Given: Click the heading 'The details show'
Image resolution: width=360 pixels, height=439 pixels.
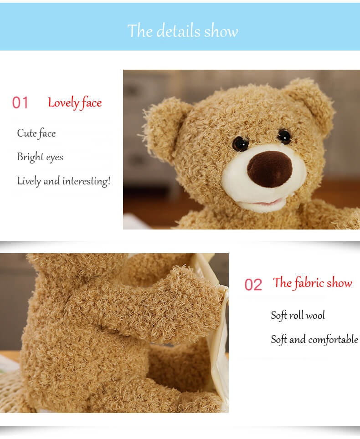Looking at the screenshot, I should click(182, 31).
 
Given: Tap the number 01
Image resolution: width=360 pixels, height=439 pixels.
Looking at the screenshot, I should click(20, 103).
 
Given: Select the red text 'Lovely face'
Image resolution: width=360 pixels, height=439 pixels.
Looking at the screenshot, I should click(75, 103).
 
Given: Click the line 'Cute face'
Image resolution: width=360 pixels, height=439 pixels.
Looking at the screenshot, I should click(36, 133).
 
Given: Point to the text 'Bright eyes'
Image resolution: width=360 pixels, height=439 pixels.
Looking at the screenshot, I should click(40, 157).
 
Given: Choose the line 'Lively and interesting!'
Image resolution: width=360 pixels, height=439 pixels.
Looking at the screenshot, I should click(64, 181).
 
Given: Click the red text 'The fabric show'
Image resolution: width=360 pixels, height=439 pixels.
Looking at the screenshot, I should click(313, 283).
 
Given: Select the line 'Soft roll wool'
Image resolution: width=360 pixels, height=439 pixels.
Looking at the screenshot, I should click(298, 315).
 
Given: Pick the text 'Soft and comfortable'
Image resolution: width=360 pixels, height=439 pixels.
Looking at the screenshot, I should click(314, 339).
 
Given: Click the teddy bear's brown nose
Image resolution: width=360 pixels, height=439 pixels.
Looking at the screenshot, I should click(269, 168).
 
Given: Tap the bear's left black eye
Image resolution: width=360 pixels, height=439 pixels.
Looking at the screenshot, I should click(240, 144).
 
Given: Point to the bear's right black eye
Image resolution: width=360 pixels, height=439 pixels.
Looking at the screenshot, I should click(284, 136).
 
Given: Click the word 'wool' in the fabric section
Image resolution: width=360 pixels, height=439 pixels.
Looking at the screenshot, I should click(315, 315).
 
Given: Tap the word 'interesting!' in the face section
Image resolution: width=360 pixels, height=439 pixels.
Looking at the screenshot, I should click(87, 181).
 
